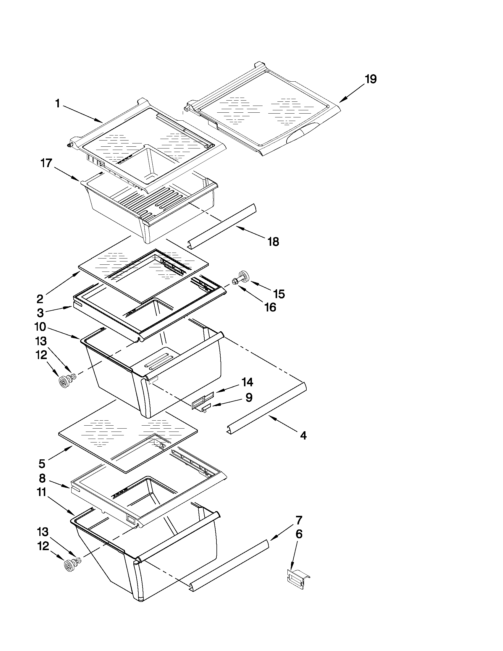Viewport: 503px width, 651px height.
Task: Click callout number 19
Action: point(371,79)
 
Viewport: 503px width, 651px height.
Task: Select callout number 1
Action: point(58,104)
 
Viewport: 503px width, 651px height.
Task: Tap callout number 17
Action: point(46,163)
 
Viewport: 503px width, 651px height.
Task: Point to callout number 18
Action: point(273,241)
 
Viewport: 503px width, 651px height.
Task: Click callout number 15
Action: point(279,294)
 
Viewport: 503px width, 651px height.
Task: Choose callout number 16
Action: point(270,307)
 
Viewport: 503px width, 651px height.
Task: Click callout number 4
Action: point(303,436)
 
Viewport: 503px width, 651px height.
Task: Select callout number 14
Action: point(247,382)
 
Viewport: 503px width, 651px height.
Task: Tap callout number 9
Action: point(249,397)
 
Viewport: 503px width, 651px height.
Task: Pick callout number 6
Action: point(299,534)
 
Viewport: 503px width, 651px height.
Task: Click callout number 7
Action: point(299,520)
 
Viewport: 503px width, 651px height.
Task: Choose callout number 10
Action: point(40,327)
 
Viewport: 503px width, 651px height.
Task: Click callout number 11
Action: point(42,492)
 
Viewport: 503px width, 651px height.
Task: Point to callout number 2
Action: point(40,298)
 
